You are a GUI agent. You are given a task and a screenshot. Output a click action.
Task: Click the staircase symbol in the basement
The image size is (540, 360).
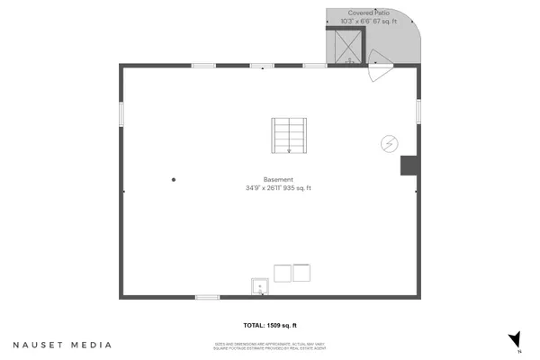pos(290,136)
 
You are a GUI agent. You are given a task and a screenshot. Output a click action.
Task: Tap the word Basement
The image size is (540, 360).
pos(278,178)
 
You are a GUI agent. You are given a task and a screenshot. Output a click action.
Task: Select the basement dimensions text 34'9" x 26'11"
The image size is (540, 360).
pos(264,188)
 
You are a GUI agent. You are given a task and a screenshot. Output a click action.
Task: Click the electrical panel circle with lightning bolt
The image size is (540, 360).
pos(390,143)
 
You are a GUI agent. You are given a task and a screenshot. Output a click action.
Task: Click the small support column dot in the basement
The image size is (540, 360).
pos(175,180)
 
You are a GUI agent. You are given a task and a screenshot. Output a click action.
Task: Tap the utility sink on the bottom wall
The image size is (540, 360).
pos(260,287)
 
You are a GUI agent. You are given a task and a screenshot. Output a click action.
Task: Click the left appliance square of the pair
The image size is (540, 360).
pos(282,273)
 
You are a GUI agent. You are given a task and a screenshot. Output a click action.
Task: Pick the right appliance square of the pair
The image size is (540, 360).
pos(301,273)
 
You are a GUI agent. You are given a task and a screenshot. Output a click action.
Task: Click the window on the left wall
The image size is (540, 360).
pos(121,114)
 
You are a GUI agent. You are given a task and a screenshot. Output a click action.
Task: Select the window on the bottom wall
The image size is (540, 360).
pos(208,296)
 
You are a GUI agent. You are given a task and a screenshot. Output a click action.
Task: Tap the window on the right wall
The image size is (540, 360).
pos(418,109)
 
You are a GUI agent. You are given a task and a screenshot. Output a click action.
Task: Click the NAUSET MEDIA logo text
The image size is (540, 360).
pos(62,345)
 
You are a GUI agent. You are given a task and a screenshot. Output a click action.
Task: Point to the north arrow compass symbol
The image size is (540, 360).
pos(515,339)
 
